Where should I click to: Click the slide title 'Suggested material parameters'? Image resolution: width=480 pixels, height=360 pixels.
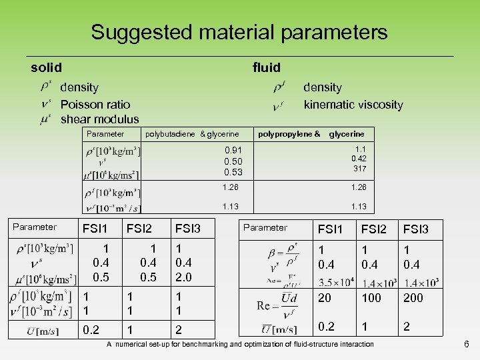239,32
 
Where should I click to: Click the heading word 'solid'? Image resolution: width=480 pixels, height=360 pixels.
46,67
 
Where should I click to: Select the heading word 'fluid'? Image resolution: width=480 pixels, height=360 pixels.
266,67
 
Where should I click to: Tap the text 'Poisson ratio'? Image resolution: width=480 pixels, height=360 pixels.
95,104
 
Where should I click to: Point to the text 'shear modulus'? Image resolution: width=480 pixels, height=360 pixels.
99,119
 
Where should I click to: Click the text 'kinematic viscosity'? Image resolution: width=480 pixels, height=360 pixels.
353,104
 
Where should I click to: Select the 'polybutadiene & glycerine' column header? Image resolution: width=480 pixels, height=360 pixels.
192,134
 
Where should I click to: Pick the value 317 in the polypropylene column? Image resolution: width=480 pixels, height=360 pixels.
361,169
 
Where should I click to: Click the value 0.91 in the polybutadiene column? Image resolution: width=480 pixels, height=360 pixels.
233,151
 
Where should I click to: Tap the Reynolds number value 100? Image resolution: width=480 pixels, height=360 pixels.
371,298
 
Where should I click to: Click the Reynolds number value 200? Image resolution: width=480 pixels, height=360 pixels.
413,298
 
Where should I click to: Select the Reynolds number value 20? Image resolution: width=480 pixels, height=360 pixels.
325,298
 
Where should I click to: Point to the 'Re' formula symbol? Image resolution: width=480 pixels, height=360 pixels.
269,305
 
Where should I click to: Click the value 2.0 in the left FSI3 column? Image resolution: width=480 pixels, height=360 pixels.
183,276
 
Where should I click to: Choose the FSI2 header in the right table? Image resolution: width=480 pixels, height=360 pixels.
373,229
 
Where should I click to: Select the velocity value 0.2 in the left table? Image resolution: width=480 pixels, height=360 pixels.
91,329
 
